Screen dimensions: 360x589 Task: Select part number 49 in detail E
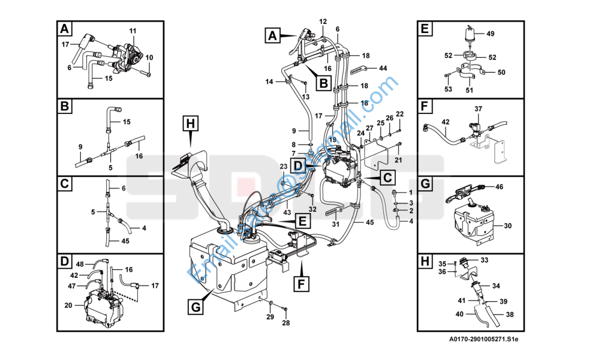pyautogui.click(x=490, y=34)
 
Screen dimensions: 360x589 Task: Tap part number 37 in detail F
pyautogui.click(x=478, y=109)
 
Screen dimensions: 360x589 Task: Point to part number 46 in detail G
pyautogui.click(x=499, y=187)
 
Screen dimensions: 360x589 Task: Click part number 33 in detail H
pyautogui.click(x=485, y=260)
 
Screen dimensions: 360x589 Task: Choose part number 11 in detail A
pyautogui.click(x=133, y=31)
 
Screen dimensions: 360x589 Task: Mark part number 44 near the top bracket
pyautogui.click(x=383, y=68)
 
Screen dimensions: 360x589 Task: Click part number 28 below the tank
pyautogui.click(x=286, y=323)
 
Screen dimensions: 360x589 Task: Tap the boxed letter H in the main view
pyautogui.click(x=190, y=124)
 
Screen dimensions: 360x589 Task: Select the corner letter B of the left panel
pyautogui.click(x=65, y=107)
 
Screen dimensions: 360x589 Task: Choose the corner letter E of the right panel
pyautogui.click(x=425, y=28)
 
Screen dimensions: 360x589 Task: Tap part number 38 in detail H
pyautogui.click(x=510, y=314)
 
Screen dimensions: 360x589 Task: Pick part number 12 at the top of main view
pyautogui.click(x=323, y=22)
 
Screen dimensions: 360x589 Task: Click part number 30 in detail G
pyautogui.click(x=507, y=226)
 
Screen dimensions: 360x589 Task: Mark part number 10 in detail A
pyautogui.click(x=149, y=58)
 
